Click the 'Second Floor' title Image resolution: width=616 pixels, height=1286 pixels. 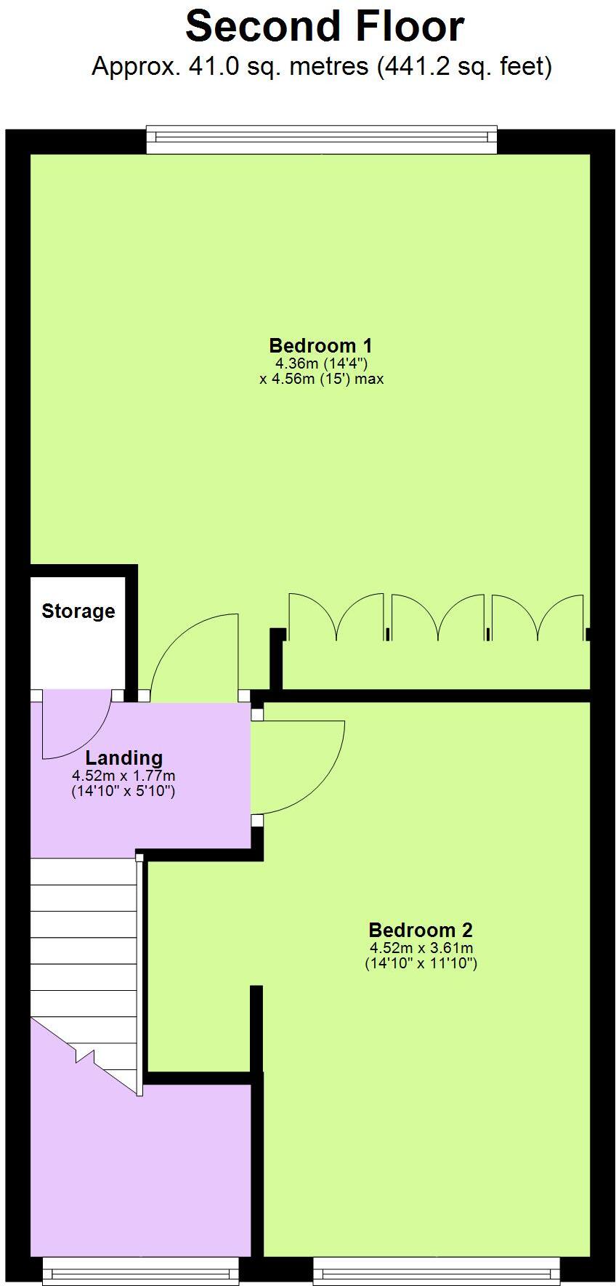point(324,27)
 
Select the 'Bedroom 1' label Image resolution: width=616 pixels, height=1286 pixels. point(320,345)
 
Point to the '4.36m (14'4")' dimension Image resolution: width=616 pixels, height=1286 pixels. point(320,363)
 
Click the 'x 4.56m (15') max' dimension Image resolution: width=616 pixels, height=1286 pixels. point(320,379)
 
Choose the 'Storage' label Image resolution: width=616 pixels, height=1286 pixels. point(78,611)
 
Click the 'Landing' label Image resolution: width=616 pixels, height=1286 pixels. point(123,758)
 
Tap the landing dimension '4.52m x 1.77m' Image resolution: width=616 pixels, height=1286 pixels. point(123,776)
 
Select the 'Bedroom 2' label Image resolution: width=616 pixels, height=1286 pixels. point(421,930)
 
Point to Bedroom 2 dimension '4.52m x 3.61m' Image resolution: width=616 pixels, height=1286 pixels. point(421,947)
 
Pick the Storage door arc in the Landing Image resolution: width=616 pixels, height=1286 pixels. point(76,727)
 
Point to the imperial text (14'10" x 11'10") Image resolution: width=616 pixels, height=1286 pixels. point(421,964)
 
